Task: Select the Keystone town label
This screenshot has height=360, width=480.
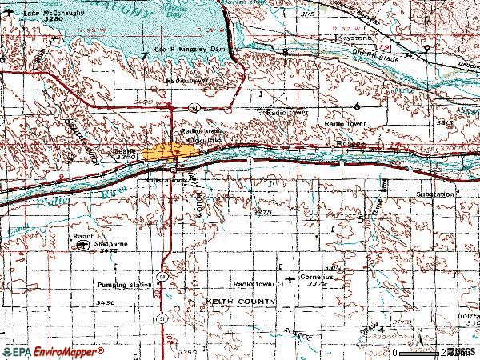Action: click(x=354, y=37)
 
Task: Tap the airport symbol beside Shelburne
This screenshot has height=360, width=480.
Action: click(x=83, y=246)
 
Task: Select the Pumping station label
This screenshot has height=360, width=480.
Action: click(x=124, y=285)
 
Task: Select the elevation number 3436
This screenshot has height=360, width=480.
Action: click(x=105, y=302)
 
